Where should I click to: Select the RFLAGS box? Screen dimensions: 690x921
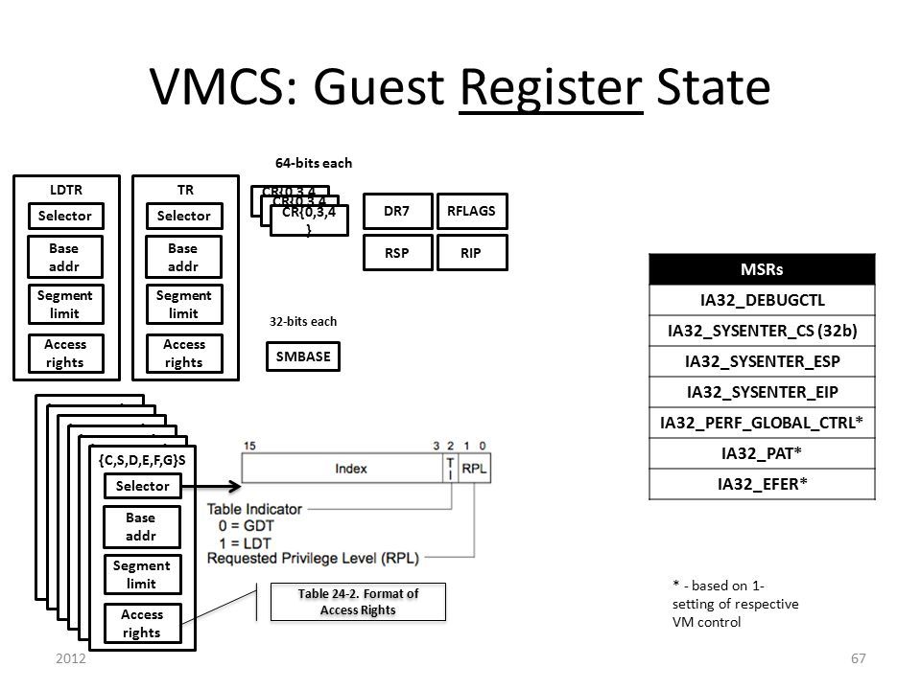coord(470,211)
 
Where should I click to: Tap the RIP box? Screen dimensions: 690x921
coord(470,252)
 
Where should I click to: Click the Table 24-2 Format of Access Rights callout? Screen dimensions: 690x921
coord(359,601)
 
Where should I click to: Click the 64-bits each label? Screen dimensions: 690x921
coord(314,163)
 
